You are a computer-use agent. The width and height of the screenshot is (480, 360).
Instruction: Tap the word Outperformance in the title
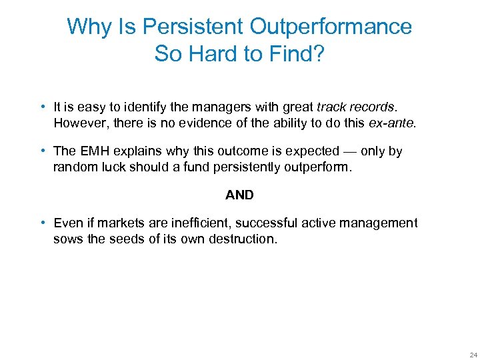(x=331, y=27)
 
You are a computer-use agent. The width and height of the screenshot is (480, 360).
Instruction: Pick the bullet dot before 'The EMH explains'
(x=43, y=151)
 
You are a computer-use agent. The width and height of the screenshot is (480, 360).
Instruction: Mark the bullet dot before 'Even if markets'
(x=43, y=223)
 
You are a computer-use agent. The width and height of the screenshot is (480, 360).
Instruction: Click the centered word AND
(x=239, y=195)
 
